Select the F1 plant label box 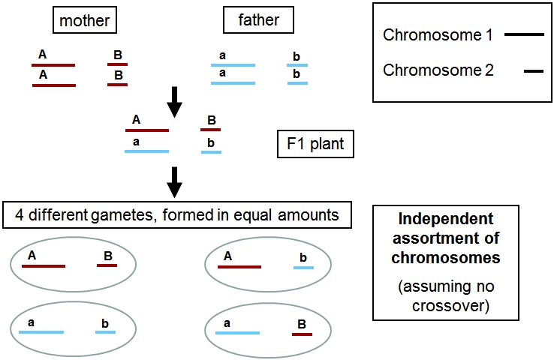(315, 143)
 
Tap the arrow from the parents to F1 (174, 102)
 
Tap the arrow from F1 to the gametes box (174, 181)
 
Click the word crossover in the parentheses (448, 306)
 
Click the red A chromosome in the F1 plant (146, 130)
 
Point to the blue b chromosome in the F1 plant (211, 152)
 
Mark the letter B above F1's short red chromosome (212, 120)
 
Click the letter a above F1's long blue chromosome (136, 142)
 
